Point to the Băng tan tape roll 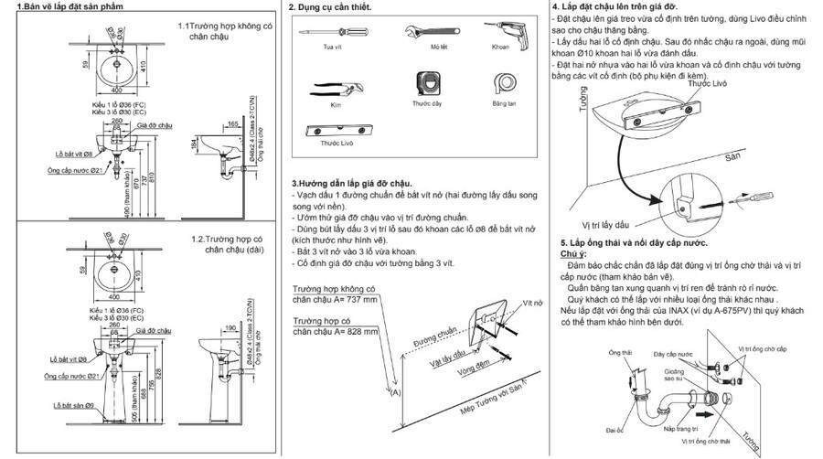pyautogui.click(x=503, y=84)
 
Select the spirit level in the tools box pyautogui.click(x=337, y=129)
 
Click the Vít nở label pyautogui.click(x=533, y=301)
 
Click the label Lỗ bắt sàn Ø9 pyautogui.click(x=73, y=405)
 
